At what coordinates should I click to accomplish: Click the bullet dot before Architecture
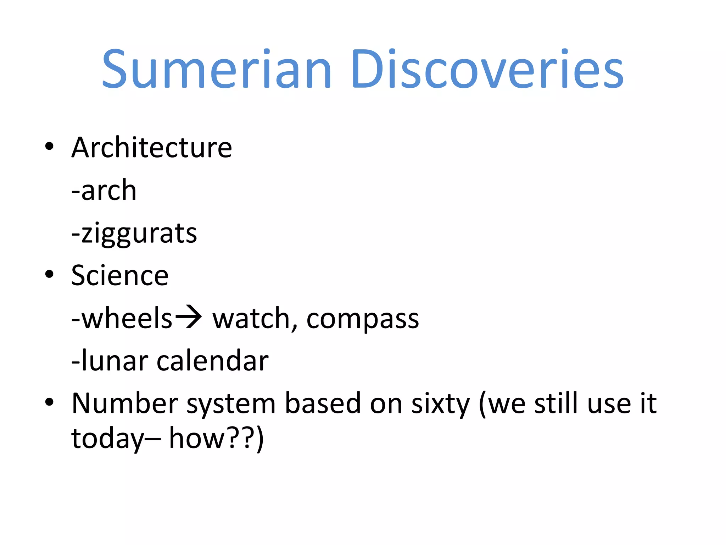[49, 146]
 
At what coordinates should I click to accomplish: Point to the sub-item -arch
[104, 190]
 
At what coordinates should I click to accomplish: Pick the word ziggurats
[139, 233]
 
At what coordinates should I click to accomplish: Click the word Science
[120, 275]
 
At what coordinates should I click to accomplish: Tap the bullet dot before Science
[49, 274]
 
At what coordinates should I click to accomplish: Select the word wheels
[127, 318]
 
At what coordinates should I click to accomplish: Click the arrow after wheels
[189, 316]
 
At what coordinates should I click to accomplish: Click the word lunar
[115, 361]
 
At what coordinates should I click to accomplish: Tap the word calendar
[212, 361]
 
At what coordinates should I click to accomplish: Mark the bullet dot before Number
[49, 402]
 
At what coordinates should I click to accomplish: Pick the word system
[231, 404]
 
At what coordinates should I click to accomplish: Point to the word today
[107, 439]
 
